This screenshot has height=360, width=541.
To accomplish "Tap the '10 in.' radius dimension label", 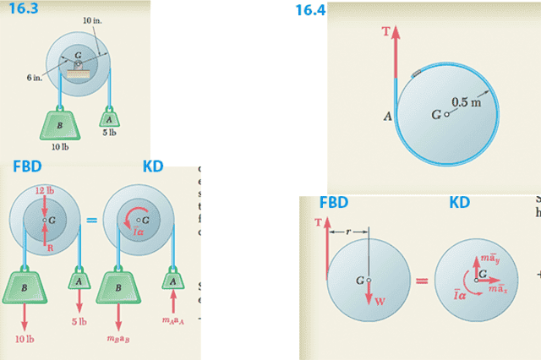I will click(94, 19).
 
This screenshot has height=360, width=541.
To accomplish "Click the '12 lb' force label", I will click(44, 191).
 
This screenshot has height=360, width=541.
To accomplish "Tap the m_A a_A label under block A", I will click(173, 320).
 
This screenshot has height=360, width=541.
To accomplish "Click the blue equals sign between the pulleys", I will click(91, 221).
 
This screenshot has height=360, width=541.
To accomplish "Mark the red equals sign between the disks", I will click(421, 281).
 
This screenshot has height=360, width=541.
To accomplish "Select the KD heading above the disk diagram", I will click(459, 203).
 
